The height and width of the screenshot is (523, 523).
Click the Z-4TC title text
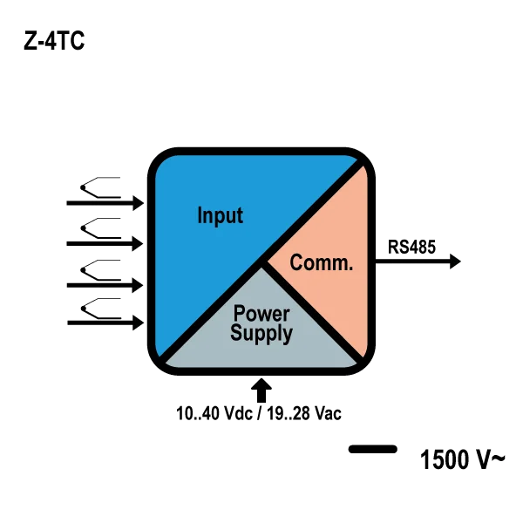pos(54,41)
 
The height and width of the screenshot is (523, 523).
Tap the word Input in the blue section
pos(221,215)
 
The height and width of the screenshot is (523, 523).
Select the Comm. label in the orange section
pos(321,262)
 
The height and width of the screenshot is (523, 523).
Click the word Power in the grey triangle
pos(261,314)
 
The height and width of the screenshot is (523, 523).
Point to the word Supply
pos(261,334)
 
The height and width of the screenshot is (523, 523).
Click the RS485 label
pos(411,248)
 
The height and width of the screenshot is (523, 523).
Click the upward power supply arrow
pos(261,391)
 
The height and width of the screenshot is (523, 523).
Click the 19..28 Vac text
pos(304,413)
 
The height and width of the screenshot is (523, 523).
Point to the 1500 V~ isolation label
pos(462,459)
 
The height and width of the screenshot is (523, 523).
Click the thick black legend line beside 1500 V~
pos(373,449)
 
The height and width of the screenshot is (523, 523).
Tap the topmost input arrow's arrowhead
pos(139,203)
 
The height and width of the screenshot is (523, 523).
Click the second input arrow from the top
pos(105,244)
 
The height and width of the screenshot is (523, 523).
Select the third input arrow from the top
pos(105,286)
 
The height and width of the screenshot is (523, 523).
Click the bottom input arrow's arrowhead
pos(139,323)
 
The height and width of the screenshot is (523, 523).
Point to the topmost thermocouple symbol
pos(100,187)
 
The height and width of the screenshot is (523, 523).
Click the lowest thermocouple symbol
pos(100,309)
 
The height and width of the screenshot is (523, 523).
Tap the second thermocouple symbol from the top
pos(100,228)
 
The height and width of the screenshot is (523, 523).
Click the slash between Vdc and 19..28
pos(260,413)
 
